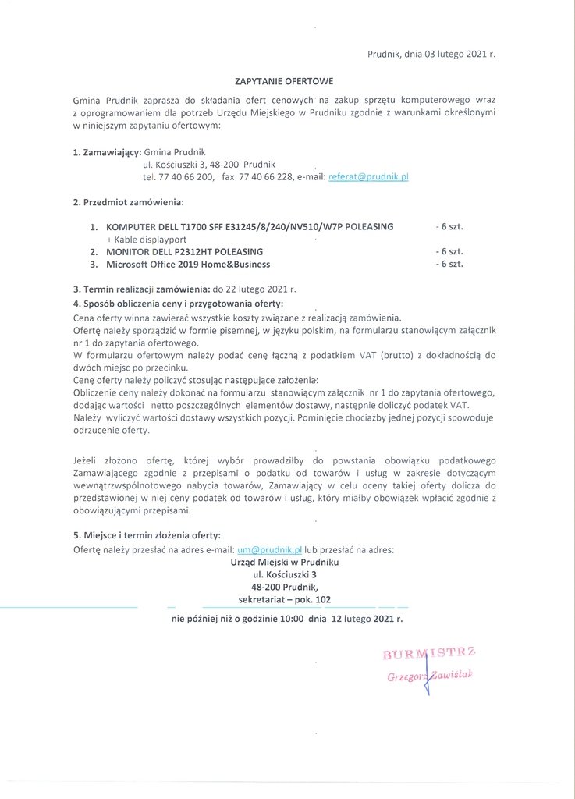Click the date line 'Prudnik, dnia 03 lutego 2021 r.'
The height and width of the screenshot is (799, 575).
pyautogui.click(x=431, y=55)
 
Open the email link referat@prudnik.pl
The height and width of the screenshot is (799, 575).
pyautogui.click(x=369, y=177)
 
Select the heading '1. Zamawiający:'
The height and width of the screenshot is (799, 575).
pyautogui.click(x=107, y=151)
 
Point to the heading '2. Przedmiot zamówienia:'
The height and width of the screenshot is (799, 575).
pyautogui.click(x=128, y=203)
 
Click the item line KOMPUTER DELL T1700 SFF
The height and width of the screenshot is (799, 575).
pyautogui.click(x=250, y=227)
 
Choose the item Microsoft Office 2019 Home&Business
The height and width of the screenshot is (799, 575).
pyautogui.click(x=188, y=265)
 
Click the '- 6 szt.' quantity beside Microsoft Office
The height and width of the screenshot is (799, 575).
pyautogui.click(x=449, y=265)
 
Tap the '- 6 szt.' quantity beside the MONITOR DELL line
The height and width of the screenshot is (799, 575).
pyautogui.click(x=449, y=252)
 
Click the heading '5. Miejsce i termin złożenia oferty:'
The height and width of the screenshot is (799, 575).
pyautogui.click(x=147, y=536)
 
